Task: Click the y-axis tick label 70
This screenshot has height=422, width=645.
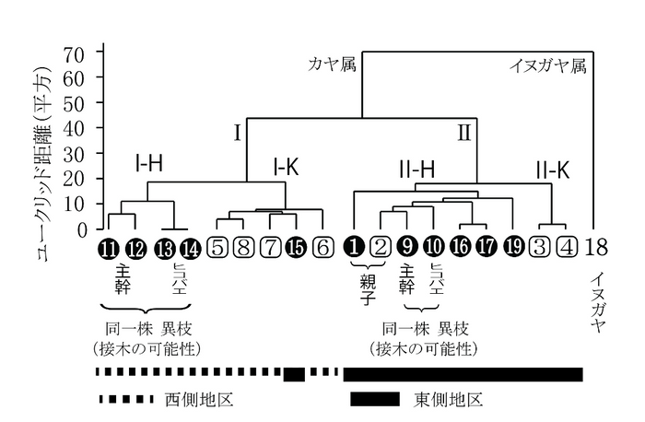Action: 74,53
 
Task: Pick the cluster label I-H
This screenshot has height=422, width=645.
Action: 148,166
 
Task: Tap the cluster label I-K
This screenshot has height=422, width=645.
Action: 288,168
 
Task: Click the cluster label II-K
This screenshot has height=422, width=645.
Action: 552,169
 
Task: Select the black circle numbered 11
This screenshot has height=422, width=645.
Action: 110,247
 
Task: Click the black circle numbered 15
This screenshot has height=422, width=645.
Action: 297,247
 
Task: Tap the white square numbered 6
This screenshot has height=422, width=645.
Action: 322,247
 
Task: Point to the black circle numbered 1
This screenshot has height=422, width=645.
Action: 355,247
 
